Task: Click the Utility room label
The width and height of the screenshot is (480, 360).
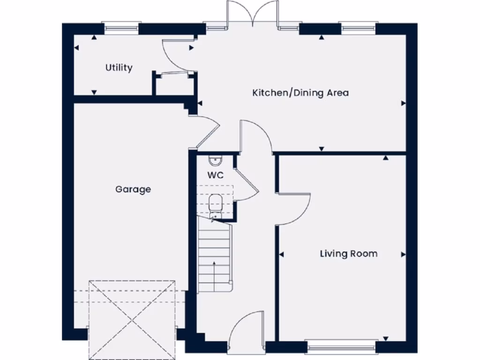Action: [119, 67]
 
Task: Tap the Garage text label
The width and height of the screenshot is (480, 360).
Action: [133, 189]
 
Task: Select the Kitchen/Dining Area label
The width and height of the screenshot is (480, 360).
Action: [300, 93]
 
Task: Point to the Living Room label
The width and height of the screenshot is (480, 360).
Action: [348, 254]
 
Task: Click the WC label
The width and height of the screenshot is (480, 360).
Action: [216, 176]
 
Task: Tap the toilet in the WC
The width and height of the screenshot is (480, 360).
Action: [215, 204]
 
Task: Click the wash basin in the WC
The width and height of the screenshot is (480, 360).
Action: [215, 161]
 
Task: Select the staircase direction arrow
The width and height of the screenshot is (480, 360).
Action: [214, 272]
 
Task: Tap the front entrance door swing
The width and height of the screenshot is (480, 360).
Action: [246, 330]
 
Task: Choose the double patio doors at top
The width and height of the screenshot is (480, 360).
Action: [252, 14]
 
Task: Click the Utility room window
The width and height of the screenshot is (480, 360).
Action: [122, 28]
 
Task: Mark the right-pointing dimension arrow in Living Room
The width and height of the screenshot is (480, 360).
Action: [403, 255]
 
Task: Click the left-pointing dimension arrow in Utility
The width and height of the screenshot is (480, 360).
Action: [76, 48]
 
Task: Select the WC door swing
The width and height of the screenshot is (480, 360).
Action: [245, 185]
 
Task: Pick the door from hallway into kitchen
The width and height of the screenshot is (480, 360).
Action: [255, 136]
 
